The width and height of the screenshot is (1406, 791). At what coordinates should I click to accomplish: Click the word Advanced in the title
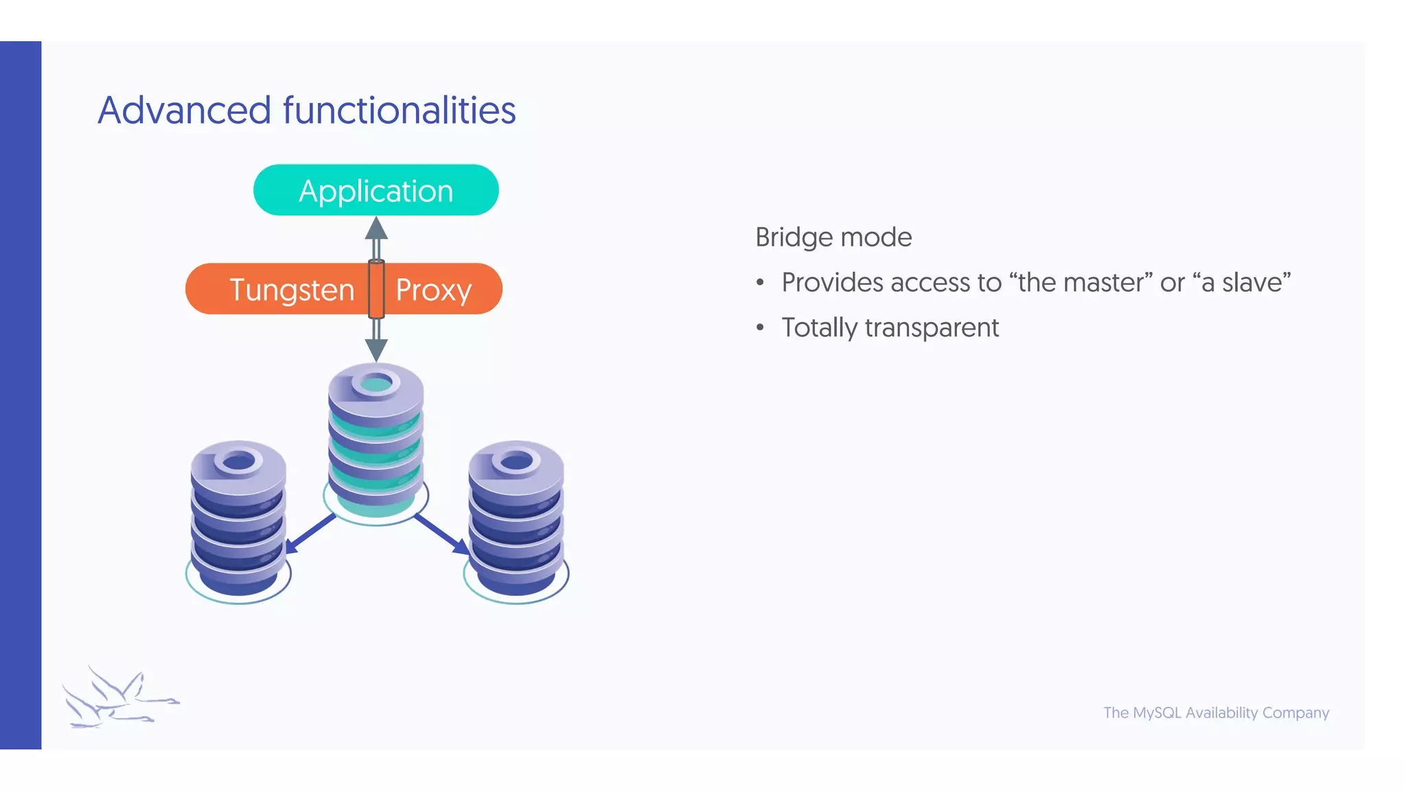click(184, 111)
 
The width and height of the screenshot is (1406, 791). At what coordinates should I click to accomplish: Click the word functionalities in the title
click(399, 111)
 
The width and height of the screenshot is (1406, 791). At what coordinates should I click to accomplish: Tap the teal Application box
click(376, 190)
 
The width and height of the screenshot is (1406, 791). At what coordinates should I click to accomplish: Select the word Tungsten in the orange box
click(292, 290)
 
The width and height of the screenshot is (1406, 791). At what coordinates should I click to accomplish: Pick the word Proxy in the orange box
click(433, 290)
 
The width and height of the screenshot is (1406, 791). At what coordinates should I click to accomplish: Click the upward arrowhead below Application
click(376, 229)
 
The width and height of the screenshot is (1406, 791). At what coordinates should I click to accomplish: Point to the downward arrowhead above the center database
click(376, 349)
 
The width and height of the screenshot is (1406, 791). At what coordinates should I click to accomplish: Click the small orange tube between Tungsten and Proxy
click(376, 289)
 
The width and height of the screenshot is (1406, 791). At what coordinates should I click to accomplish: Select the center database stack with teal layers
click(376, 439)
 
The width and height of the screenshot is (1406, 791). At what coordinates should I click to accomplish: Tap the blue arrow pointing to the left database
click(309, 534)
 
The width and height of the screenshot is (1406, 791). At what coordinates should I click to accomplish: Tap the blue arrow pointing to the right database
click(443, 534)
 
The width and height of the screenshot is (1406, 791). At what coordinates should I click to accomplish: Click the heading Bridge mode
click(833, 238)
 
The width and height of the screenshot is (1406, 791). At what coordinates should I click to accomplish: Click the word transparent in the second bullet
click(932, 328)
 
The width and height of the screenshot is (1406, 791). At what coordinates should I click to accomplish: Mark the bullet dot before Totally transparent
click(760, 328)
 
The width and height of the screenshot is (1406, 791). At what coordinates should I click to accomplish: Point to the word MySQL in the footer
click(1157, 713)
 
